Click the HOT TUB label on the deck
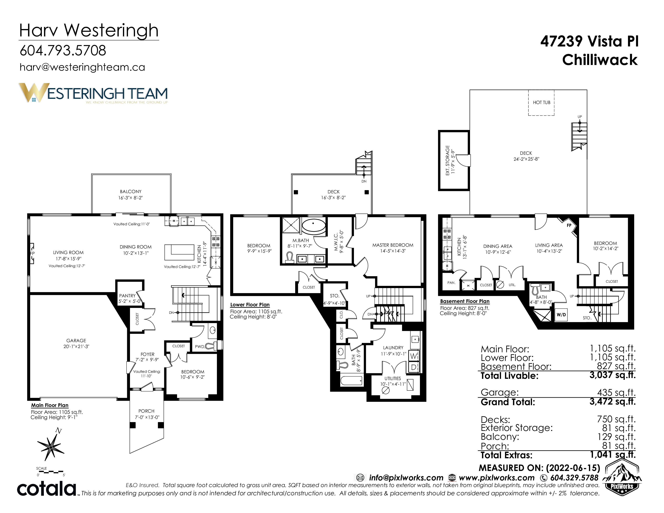(x=541, y=102)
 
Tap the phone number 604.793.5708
(x=63, y=50)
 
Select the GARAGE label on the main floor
(x=76, y=340)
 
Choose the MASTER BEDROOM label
(x=393, y=245)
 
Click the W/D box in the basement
(x=561, y=315)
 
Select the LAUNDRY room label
(x=393, y=347)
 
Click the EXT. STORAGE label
(x=447, y=160)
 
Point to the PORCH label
(x=146, y=411)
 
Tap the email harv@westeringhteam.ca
(x=82, y=67)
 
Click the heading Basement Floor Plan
(x=465, y=301)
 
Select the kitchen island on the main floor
(x=179, y=252)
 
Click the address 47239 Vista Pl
(x=590, y=41)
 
